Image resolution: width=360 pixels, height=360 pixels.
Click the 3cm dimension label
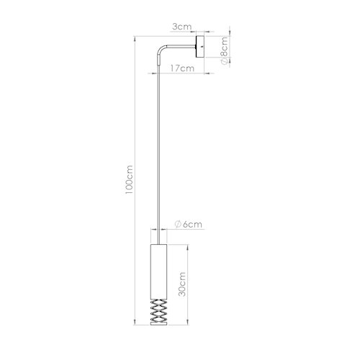[182, 27]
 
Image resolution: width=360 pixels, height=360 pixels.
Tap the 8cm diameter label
[224, 50]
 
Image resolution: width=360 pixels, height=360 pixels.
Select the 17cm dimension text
[182, 68]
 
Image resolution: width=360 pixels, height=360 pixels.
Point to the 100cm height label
[129, 180]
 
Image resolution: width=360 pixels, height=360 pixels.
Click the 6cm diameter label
[189, 225]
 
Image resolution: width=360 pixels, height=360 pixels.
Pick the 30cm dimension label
[182, 284]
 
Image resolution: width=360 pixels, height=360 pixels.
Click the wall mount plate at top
[200, 47]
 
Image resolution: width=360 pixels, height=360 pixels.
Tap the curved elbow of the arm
[161, 49]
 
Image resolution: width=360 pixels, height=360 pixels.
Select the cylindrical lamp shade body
[158, 271]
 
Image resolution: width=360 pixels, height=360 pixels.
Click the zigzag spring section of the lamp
[158, 310]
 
